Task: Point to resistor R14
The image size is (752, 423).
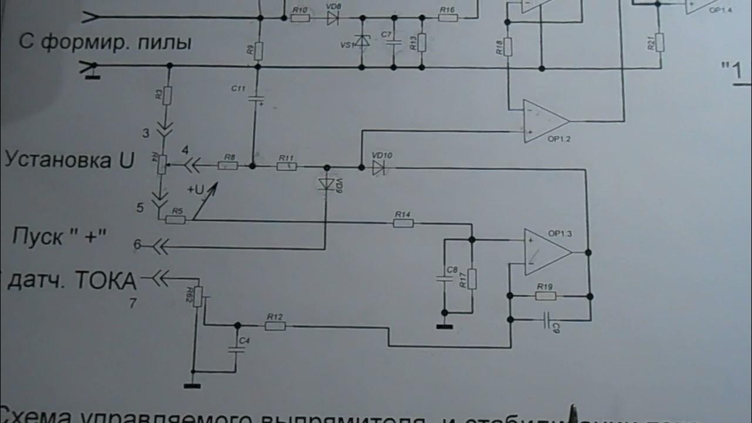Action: click(x=403, y=223)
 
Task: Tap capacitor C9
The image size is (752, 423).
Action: click(x=548, y=320)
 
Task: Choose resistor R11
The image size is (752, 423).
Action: click(x=287, y=167)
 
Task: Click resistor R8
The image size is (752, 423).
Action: click(x=227, y=166)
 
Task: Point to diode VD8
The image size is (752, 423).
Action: click(x=333, y=18)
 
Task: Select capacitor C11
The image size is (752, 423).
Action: click(x=256, y=99)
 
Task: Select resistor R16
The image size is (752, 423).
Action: click(x=448, y=18)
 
